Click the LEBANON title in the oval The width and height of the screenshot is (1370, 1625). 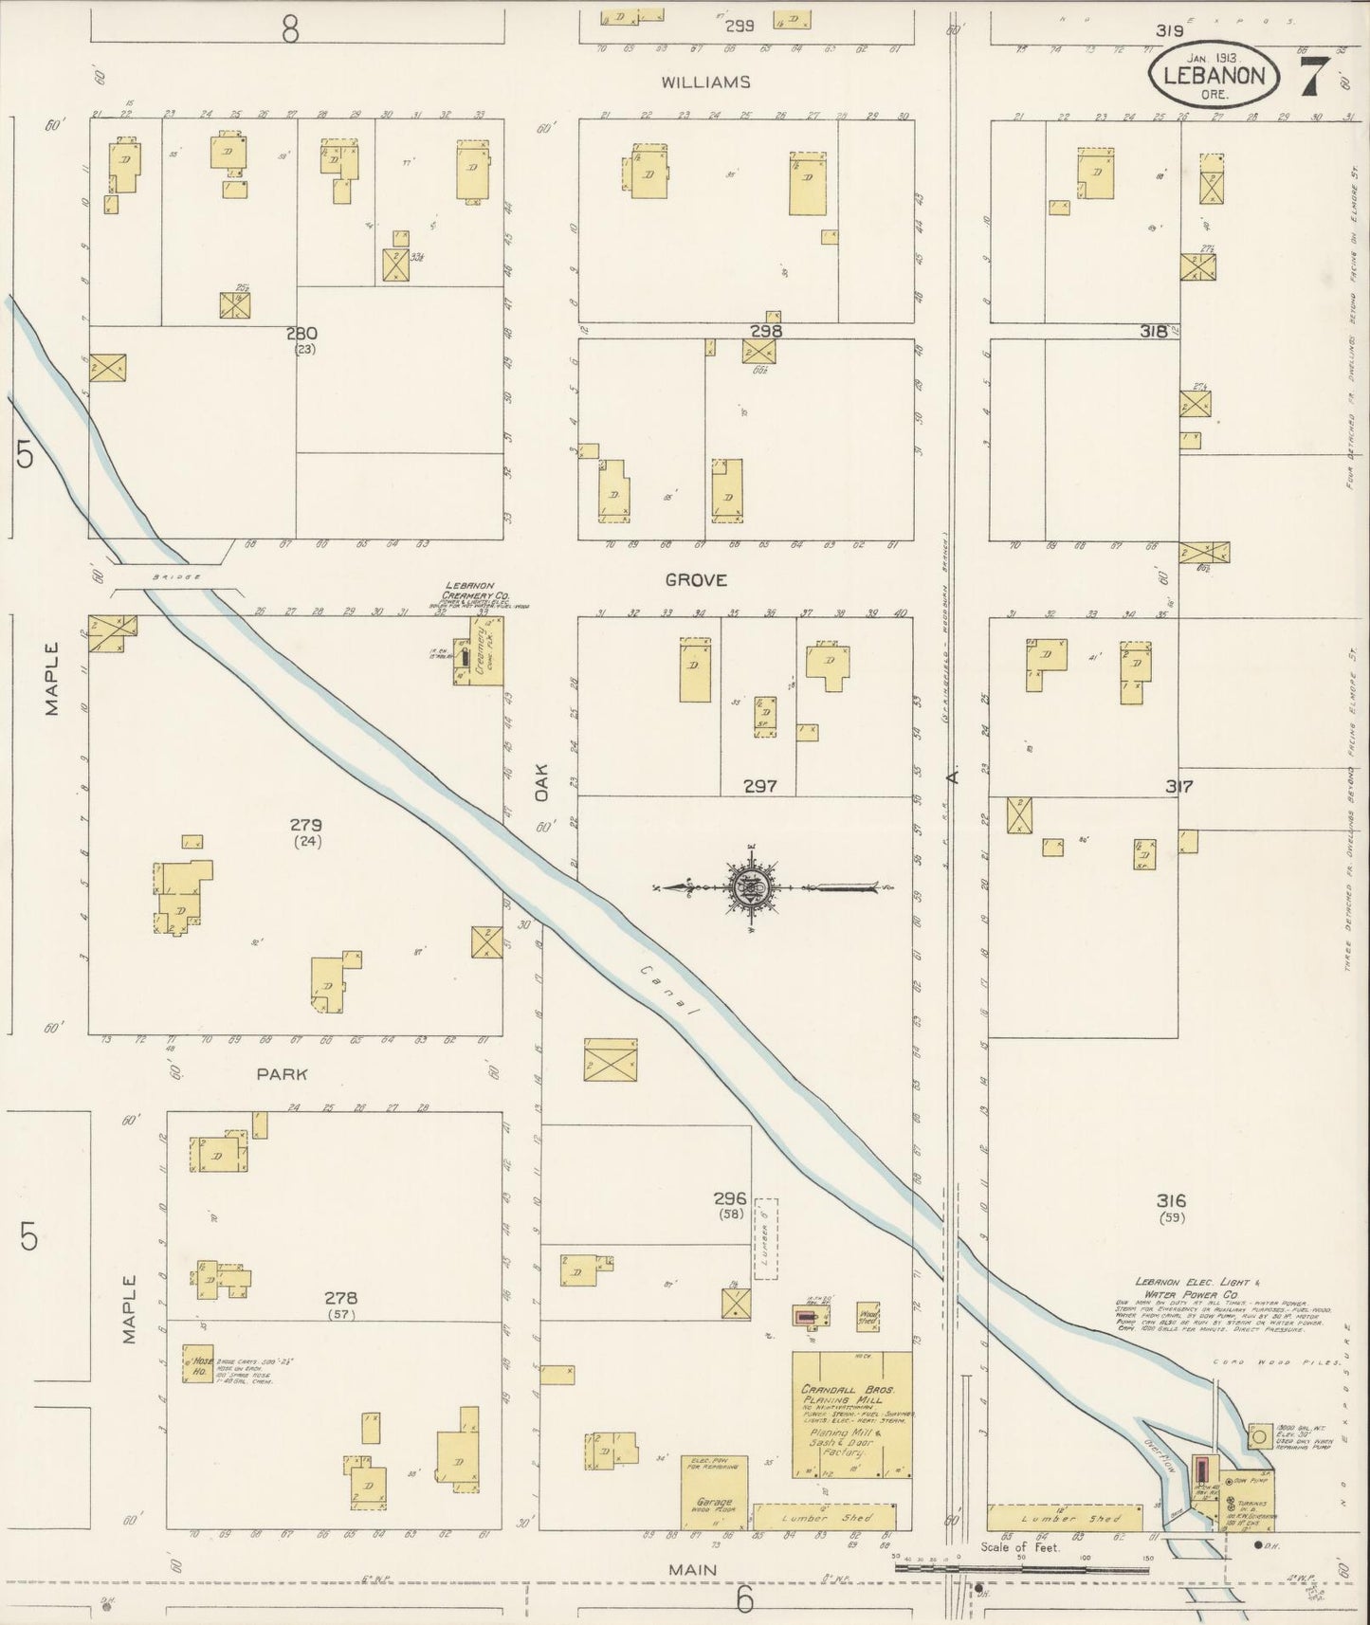coord(1215,74)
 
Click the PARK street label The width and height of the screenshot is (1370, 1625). coord(283,1074)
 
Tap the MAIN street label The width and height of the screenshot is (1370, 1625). coord(693,1570)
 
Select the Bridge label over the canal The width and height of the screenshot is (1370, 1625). coord(171,576)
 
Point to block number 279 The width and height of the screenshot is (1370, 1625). coord(306,824)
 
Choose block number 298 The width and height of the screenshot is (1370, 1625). coord(765,331)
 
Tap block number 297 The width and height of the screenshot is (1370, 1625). coord(760,785)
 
